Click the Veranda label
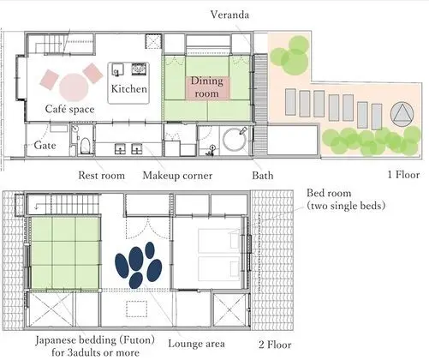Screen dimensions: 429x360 tap(229, 15)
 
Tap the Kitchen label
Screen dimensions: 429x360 tap(129, 88)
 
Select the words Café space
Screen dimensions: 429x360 tap(69, 109)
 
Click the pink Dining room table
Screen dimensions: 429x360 tap(207, 88)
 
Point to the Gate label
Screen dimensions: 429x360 tap(45, 145)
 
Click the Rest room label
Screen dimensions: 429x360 tap(102, 175)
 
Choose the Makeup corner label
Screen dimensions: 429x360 tap(177, 176)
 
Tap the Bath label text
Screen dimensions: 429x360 tap(263, 175)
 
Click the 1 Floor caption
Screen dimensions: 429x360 tap(403, 175)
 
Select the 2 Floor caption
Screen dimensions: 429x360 tap(275, 345)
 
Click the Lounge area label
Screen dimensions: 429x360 tap(196, 344)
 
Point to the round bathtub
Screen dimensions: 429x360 tap(235, 140)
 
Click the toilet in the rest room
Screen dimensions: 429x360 tap(86, 146)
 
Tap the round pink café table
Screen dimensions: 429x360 tap(74, 87)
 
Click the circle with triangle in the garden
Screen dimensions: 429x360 tap(402, 114)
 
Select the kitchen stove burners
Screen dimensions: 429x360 tap(139, 69)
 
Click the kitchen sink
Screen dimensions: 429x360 tap(117, 69)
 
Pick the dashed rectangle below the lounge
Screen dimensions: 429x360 tap(137, 309)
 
